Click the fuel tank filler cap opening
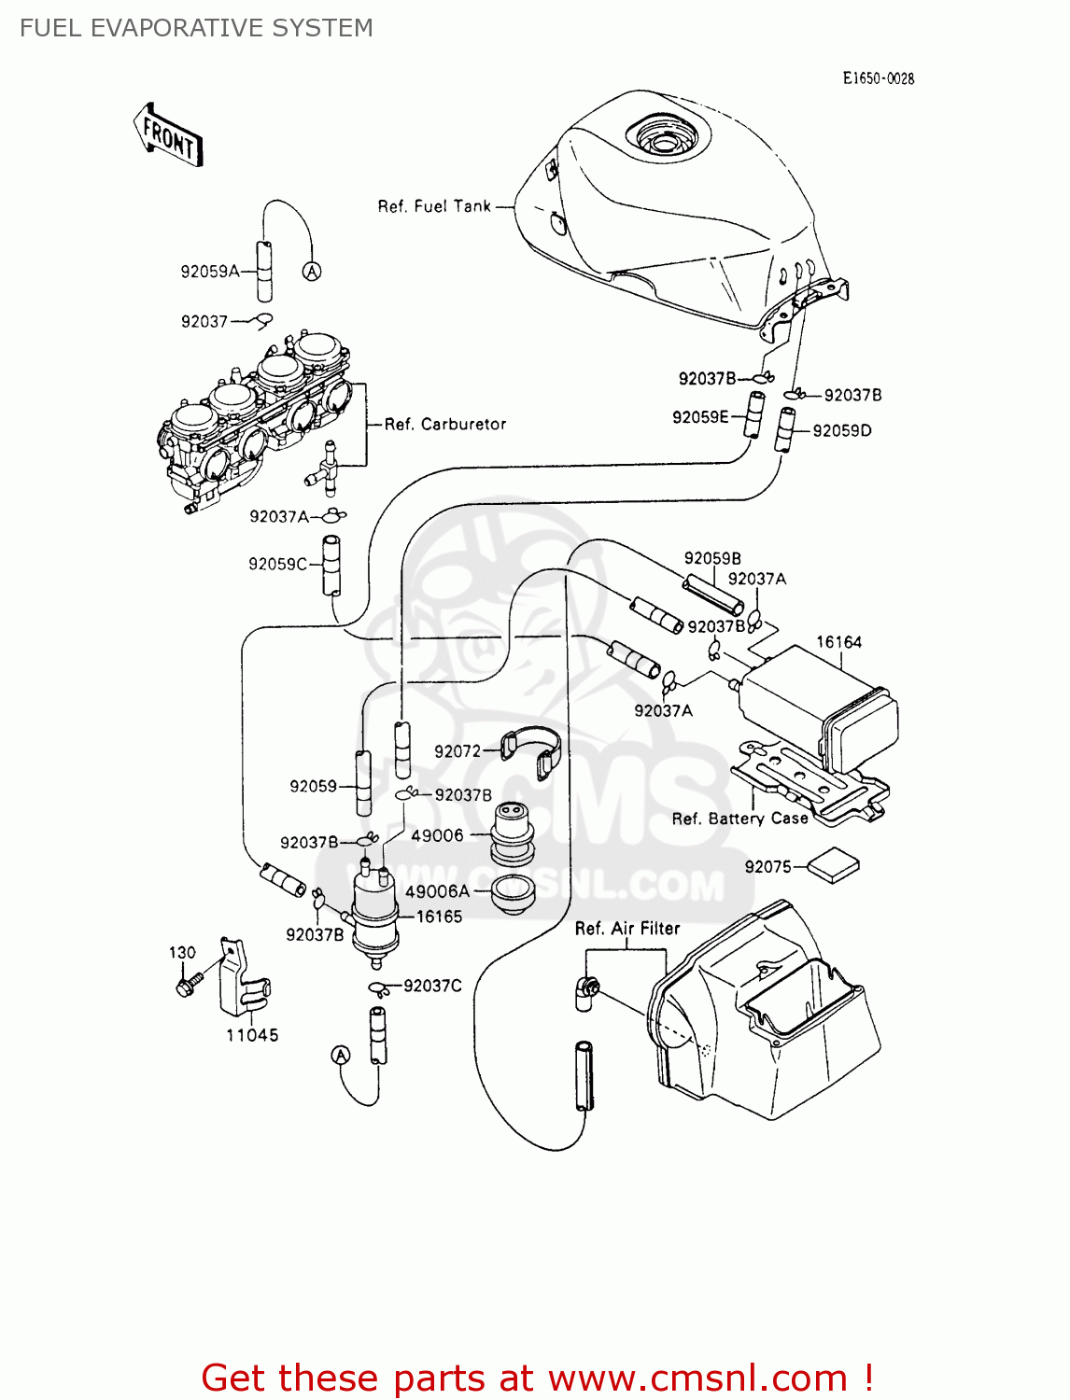[665, 140]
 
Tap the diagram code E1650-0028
[878, 79]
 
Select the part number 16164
[838, 642]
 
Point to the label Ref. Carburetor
[445, 425]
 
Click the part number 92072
[457, 751]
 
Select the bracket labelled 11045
[240, 980]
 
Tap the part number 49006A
[437, 892]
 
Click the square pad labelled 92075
[833, 865]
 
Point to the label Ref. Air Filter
[627, 929]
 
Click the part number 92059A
[210, 272]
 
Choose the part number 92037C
[432, 987]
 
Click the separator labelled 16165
[374, 915]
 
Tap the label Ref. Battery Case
[739, 819]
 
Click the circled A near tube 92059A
[312, 272]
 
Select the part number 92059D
[841, 431]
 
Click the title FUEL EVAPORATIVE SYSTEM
[196, 28]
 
